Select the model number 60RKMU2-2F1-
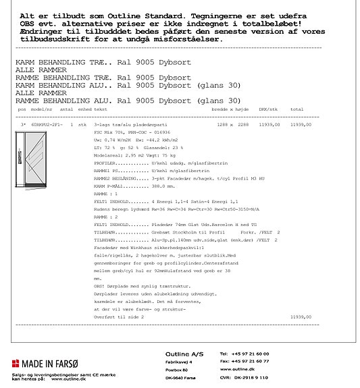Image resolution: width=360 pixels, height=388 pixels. point(47,125)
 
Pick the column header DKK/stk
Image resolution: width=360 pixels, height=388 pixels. point(268,109)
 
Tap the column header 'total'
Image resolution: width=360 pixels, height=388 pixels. point(297,109)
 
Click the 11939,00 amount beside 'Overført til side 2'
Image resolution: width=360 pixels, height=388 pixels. point(301,316)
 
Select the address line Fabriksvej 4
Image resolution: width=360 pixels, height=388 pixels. point(180,362)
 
